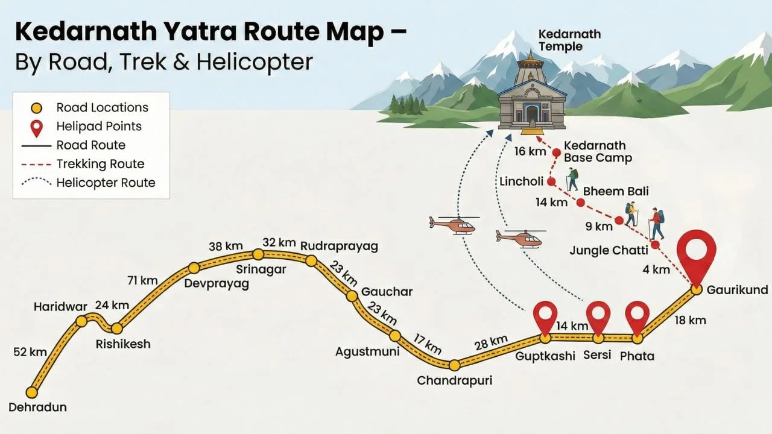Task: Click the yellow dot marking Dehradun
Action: (x=32, y=392)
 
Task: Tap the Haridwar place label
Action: (x=60, y=307)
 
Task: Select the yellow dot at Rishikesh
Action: (x=117, y=329)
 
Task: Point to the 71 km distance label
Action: (x=142, y=280)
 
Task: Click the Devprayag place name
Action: (x=217, y=284)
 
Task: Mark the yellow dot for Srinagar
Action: (x=258, y=254)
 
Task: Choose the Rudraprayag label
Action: (x=339, y=246)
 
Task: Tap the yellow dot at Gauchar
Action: (x=352, y=295)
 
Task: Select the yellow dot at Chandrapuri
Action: (x=455, y=365)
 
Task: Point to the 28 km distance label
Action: (x=491, y=344)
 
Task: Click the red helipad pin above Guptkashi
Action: (x=546, y=314)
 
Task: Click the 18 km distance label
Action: (x=690, y=320)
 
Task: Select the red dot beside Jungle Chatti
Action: (x=655, y=245)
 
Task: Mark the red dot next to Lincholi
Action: (x=551, y=181)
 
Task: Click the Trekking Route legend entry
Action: (x=100, y=164)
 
